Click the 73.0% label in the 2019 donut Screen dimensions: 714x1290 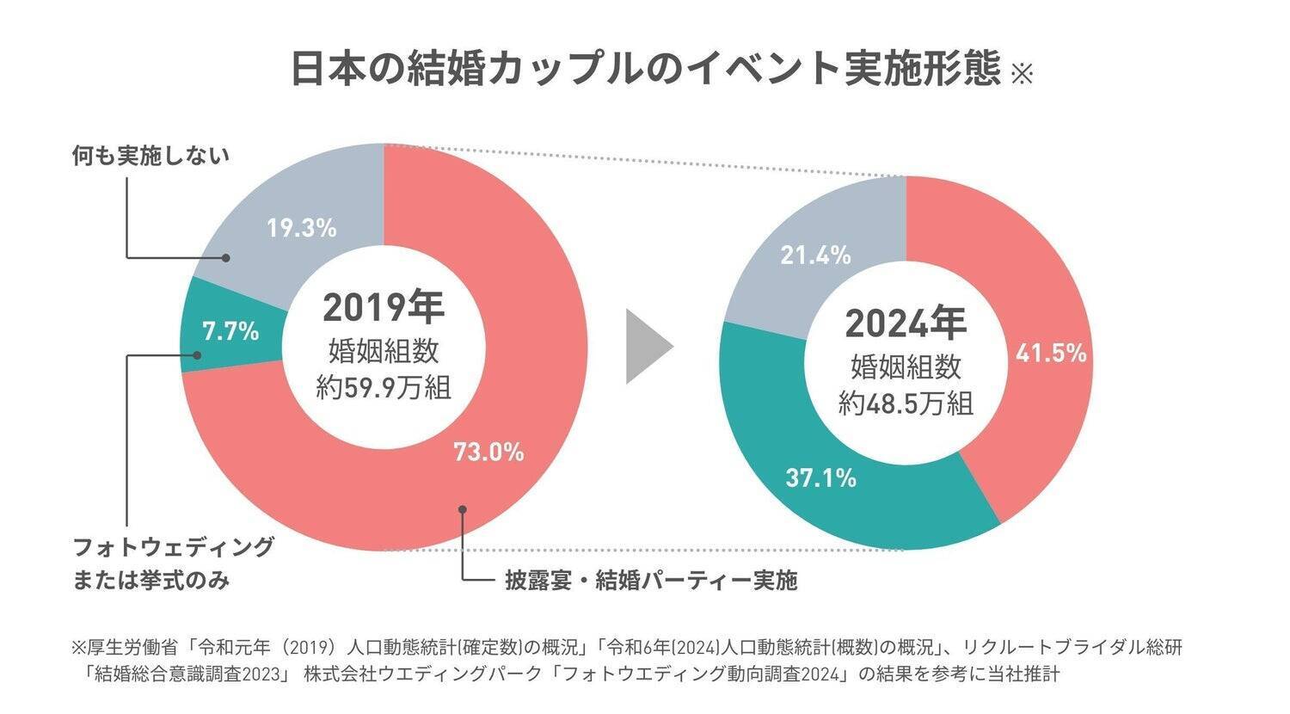[488, 452]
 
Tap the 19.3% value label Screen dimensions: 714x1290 [301, 228]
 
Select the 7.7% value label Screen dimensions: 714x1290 [230, 331]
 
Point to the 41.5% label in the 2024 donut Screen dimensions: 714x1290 [1051, 354]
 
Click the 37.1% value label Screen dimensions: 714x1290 [820, 478]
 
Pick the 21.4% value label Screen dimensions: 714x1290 [815, 255]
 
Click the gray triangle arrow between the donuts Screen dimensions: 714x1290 [647, 347]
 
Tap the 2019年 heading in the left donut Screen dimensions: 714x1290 [384, 307]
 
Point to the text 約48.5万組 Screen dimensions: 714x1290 [906, 403]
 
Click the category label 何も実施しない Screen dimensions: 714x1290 [150, 156]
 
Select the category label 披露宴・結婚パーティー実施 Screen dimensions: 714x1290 [651, 581]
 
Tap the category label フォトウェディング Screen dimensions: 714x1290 [174, 547]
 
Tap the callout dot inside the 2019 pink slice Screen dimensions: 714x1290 [463, 508]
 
